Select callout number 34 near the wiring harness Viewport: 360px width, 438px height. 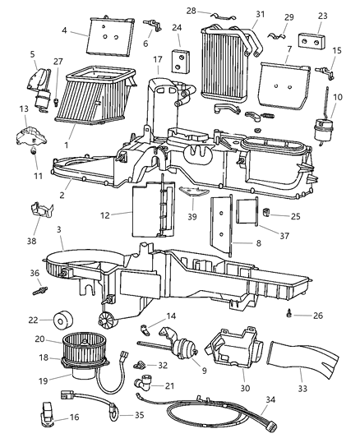tap(293, 400)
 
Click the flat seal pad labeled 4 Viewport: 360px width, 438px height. tap(110, 36)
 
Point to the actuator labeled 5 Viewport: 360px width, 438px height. tap(39, 78)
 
